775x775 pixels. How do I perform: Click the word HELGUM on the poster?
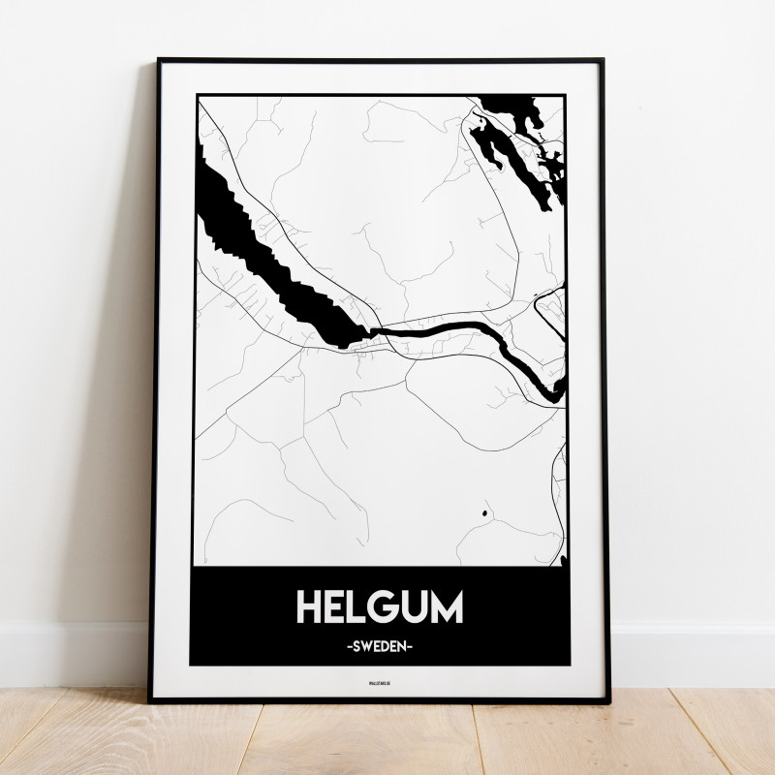[379, 605]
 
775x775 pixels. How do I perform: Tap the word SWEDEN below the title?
[380, 643]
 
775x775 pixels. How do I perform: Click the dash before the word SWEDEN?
[347, 643]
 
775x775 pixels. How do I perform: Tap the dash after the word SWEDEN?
[413, 643]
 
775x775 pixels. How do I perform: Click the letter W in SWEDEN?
[366, 643]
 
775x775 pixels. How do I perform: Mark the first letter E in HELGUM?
[336, 605]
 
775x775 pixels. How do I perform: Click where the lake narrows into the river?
[368, 332]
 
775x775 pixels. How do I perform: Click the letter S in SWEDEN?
[355, 643]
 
